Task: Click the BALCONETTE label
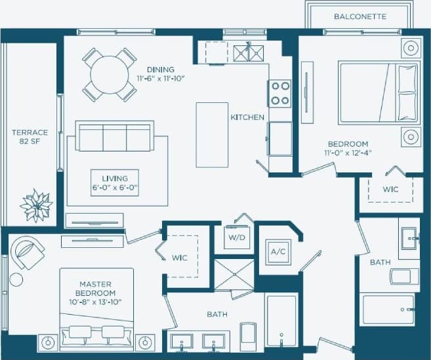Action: [359, 16]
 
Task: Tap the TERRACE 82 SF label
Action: [30, 136]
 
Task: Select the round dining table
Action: [110, 74]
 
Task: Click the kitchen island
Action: [212, 134]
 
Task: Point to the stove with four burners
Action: [280, 92]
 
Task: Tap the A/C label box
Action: [276, 251]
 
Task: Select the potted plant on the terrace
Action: [35, 206]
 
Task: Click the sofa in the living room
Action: [115, 136]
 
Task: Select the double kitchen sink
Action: [249, 51]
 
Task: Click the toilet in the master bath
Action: [248, 332]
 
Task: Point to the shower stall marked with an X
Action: [234, 275]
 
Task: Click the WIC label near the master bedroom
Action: [179, 258]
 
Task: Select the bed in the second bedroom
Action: [377, 91]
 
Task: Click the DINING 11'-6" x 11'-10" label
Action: [161, 74]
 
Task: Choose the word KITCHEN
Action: [247, 117]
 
